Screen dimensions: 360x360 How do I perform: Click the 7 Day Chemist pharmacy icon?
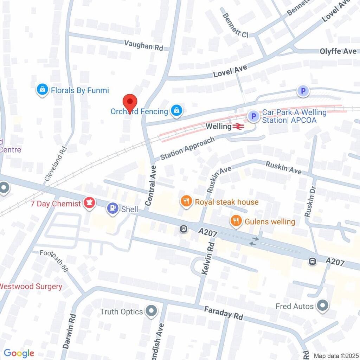point(89,203)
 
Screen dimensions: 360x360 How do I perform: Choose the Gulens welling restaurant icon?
point(235,221)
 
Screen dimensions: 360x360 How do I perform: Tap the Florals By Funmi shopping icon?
point(42,90)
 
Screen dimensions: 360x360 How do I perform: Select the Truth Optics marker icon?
point(152,311)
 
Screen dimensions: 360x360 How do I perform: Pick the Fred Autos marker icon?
point(322,306)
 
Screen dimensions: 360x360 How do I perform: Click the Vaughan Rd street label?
point(144,45)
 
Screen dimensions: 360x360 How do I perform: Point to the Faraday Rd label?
point(224,312)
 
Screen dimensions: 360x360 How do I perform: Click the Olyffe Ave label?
point(338,51)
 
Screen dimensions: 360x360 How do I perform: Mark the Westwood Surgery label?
point(31,286)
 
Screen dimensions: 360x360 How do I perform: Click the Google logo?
point(19,353)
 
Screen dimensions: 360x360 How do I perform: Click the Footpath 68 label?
point(54,261)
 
